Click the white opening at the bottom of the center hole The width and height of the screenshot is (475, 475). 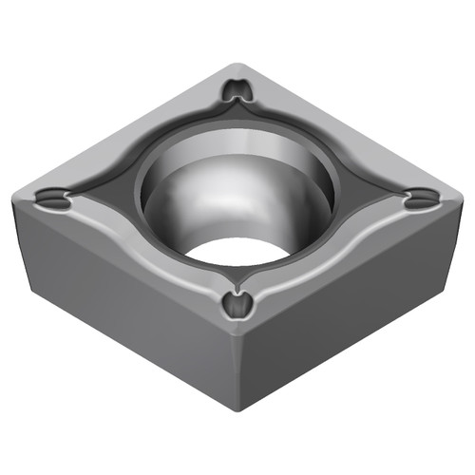(x=233, y=249)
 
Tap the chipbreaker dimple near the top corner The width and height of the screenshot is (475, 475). (x=237, y=91)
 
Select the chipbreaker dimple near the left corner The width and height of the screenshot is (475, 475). (x=53, y=199)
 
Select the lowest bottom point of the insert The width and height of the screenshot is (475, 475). (x=237, y=409)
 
